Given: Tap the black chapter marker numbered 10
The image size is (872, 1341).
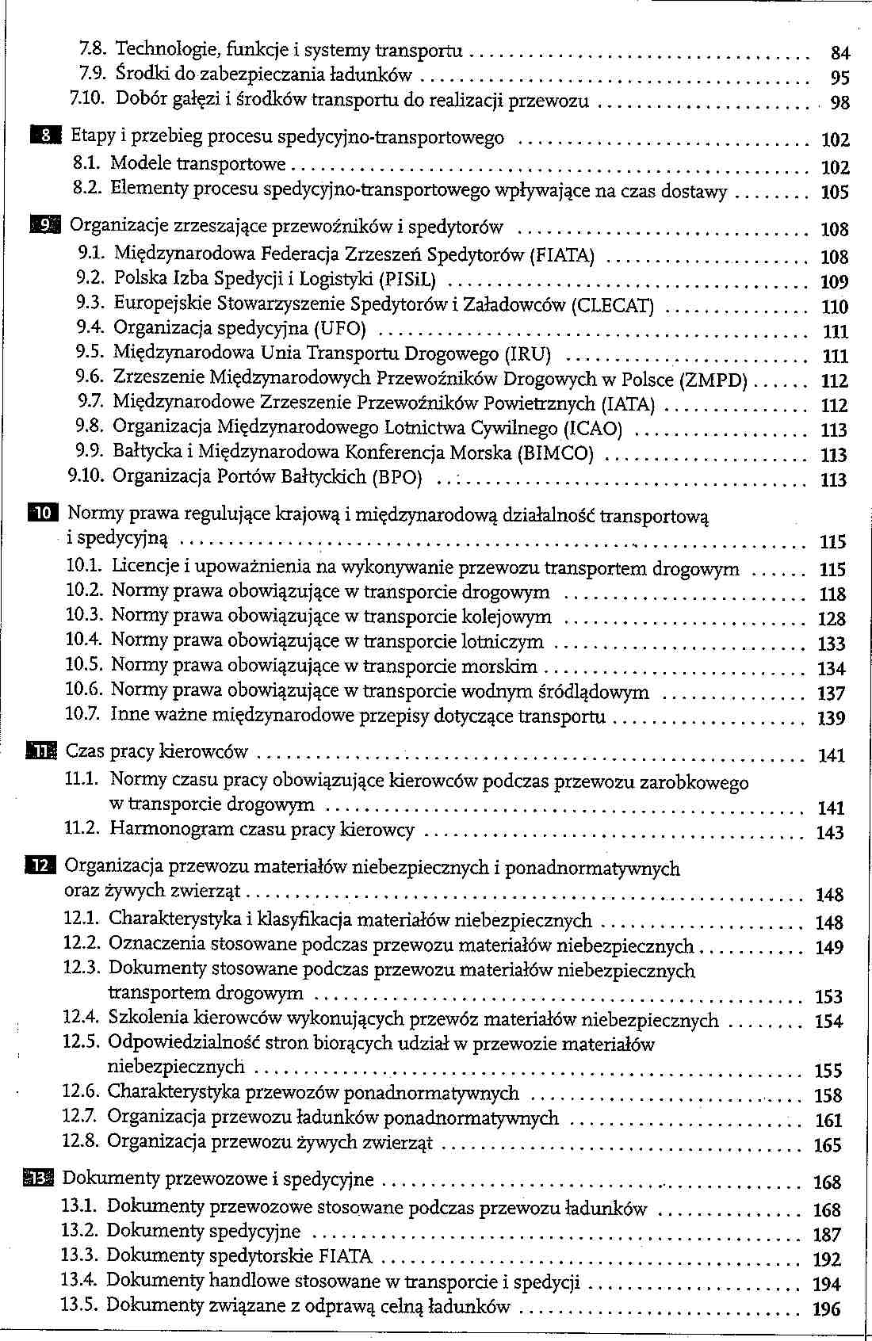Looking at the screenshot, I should click(x=40, y=513).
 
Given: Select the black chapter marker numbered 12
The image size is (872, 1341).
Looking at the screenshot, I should click(x=39, y=866).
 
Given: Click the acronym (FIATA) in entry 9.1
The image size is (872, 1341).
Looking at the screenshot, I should click(x=562, y=255).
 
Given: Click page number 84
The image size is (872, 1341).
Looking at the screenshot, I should click(x=840, y=53).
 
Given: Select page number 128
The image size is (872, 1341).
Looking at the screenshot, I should click(x=832, y=619).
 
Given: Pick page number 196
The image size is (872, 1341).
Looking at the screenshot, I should click(x=827, y=1309).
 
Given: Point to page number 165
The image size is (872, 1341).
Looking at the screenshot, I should click(x=828, y=1145).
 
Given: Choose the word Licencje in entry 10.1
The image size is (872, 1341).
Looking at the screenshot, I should click(x=145, y=567).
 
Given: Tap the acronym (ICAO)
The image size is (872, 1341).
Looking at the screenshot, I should click(x=592, y=429).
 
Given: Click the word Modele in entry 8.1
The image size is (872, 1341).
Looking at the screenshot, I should click(x=141, y=164).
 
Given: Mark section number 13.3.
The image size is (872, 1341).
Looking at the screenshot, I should click(x=79, y=1255).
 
